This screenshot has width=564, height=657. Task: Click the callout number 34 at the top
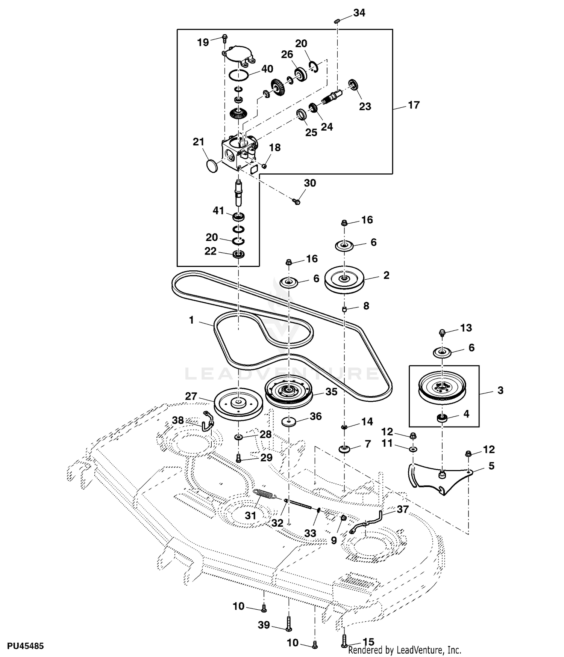pos(359,13)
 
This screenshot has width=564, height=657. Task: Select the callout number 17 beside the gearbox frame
pos(413,105)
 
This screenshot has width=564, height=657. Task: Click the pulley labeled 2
pos(344,279)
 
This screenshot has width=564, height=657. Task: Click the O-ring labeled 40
pos(239,75)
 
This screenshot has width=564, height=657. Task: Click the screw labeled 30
pos(296,202)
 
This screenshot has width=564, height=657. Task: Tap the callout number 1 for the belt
pos(191,320)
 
